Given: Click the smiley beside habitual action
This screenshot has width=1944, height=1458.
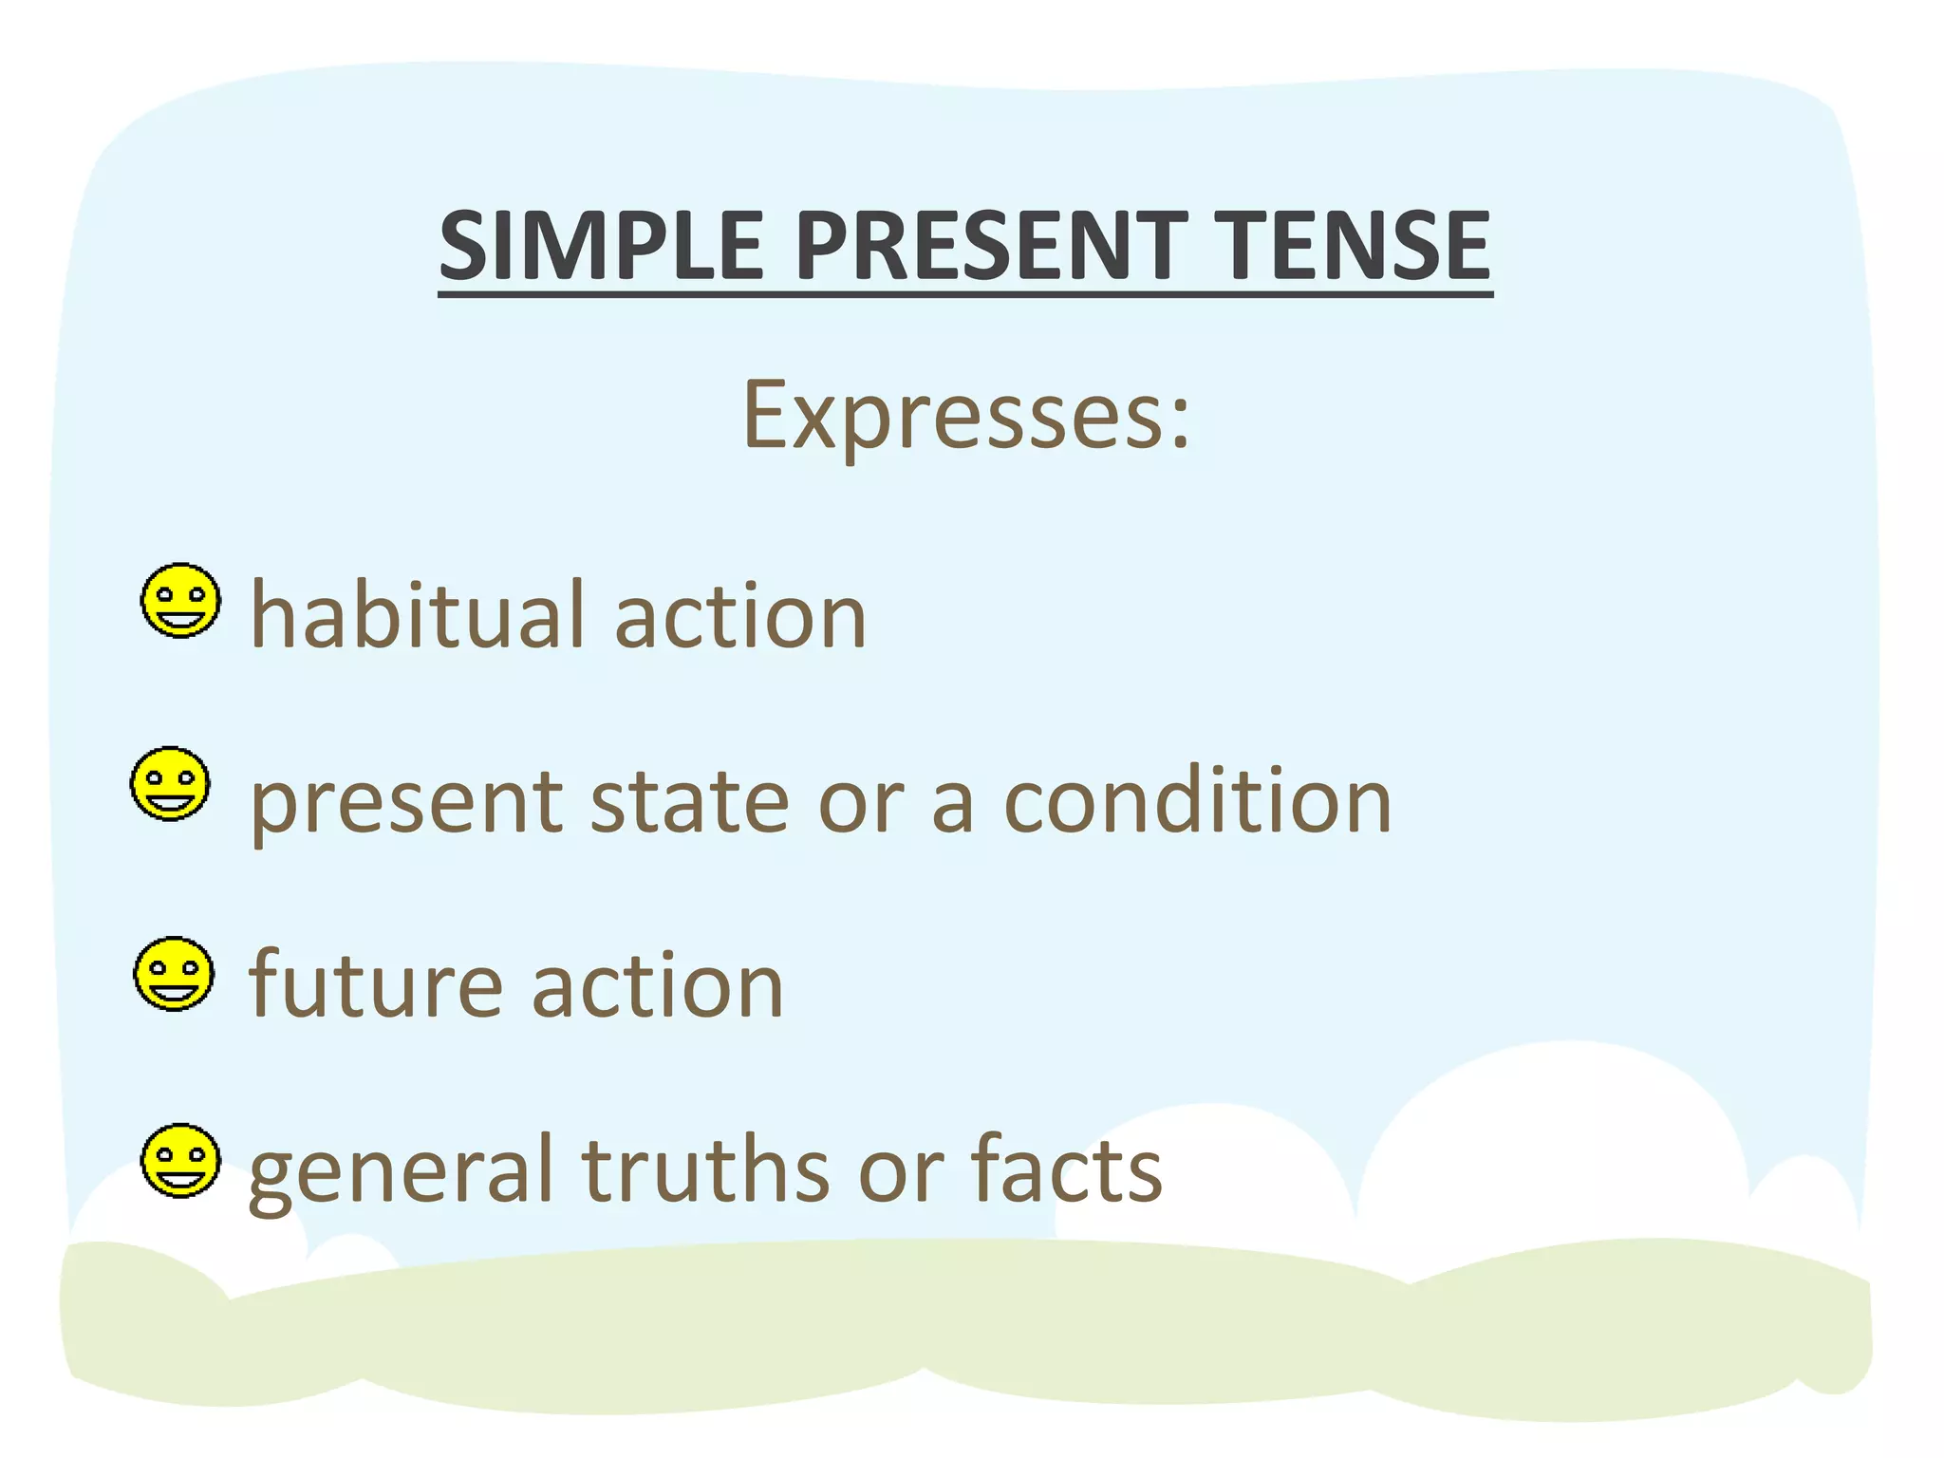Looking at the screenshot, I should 180,601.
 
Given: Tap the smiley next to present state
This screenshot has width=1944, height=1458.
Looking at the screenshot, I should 170,784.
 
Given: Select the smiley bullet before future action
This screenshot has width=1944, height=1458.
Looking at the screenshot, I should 174,974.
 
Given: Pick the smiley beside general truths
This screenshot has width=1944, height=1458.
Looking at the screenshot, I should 180,1161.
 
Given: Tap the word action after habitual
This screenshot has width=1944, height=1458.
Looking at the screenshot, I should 740,617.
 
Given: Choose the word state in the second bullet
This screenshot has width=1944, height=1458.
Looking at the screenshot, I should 689,802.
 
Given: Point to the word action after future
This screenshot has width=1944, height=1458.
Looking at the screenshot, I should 658,987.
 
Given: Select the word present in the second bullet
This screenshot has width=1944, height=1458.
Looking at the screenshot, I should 406,805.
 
